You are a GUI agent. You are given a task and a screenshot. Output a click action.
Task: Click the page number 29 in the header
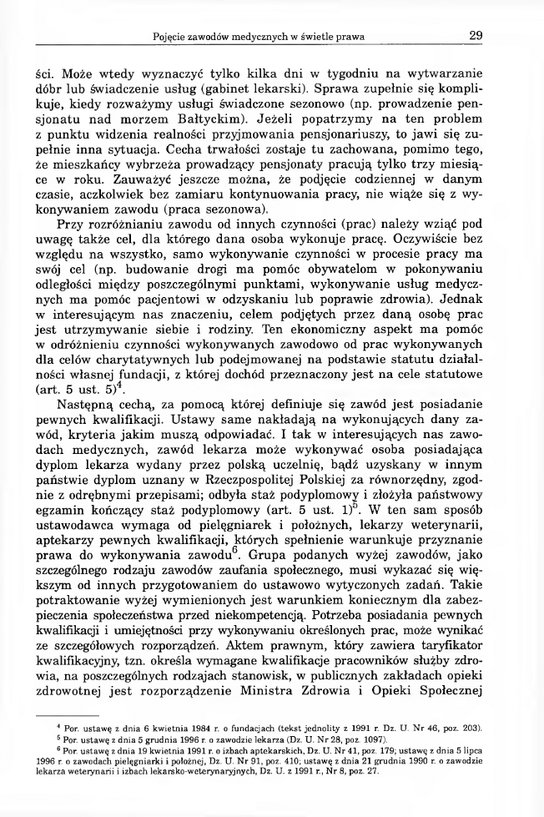pos(476,35)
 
